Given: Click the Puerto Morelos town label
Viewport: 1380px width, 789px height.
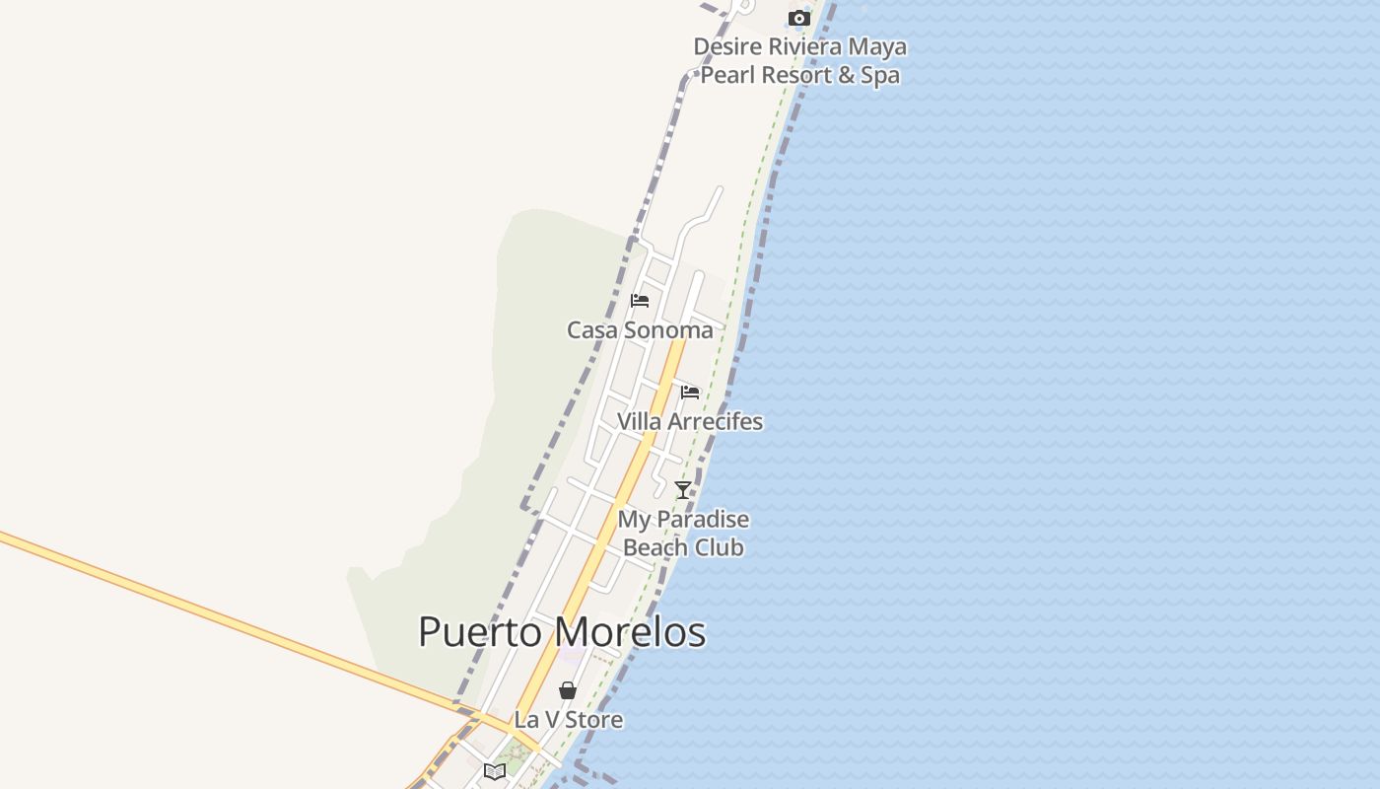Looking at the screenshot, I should (562, 632).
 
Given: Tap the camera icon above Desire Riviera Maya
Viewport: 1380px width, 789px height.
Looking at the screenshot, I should (798, 18).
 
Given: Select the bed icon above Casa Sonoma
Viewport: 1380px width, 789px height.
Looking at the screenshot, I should (640, 301).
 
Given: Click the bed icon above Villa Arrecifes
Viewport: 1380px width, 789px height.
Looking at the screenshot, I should (690, 393).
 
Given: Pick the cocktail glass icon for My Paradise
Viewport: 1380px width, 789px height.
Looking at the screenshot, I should (682, 489).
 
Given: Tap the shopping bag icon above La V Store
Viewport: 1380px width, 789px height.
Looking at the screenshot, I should (568, 690).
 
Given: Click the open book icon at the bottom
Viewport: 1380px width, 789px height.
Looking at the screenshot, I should (495, 771).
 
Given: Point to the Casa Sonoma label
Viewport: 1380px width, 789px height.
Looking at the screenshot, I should (640, 330).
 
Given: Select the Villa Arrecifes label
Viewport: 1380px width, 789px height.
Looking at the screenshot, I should (690, 421).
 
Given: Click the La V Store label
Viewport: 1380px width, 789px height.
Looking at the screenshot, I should (569, 720).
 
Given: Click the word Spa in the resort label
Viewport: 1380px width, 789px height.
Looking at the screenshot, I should (879, 75).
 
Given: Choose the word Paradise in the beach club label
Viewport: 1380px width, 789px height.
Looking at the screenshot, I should (702, 519).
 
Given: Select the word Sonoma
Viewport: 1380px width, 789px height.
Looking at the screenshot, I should (668, 330).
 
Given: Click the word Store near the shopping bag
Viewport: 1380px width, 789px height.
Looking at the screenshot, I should (594, 720).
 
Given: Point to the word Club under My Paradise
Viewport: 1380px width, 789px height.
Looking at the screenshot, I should (722, 547).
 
